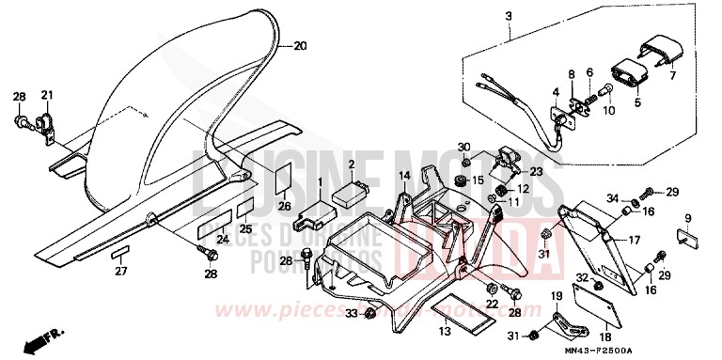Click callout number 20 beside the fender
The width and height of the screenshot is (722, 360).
coord(300,45)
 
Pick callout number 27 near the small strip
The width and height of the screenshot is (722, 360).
coord(120,271)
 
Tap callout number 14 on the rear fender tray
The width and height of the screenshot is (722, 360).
coord(403,176)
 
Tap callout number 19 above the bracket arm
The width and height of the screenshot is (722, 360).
coord(555,297)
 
